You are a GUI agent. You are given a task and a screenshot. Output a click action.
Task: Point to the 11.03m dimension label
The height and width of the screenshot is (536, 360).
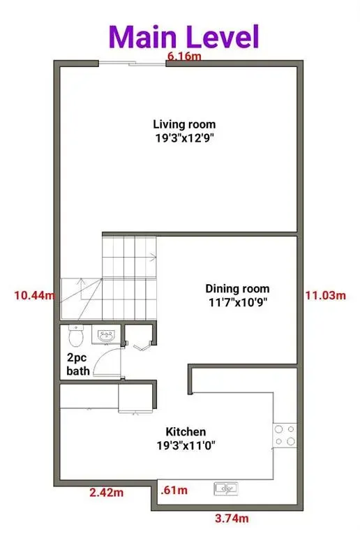pos(325,296)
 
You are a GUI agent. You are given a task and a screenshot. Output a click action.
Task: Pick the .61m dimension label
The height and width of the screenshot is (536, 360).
pos(173,491)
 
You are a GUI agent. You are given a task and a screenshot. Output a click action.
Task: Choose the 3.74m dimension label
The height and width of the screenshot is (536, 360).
pos(231,519)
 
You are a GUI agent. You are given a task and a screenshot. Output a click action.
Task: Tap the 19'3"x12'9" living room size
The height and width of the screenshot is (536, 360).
pos(184,138)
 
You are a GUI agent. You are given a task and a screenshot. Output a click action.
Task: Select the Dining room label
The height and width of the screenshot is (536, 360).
pos(237,288)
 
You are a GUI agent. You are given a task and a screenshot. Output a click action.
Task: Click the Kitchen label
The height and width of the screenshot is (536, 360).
pos(186,432)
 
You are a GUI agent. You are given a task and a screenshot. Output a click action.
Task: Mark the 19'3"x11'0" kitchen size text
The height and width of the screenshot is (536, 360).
pos(186,445)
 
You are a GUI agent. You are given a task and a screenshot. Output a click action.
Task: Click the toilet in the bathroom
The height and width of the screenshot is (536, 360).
pos(78,336)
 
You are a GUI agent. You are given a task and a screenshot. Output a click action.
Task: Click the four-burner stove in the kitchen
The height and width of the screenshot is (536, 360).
pos(285,435)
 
